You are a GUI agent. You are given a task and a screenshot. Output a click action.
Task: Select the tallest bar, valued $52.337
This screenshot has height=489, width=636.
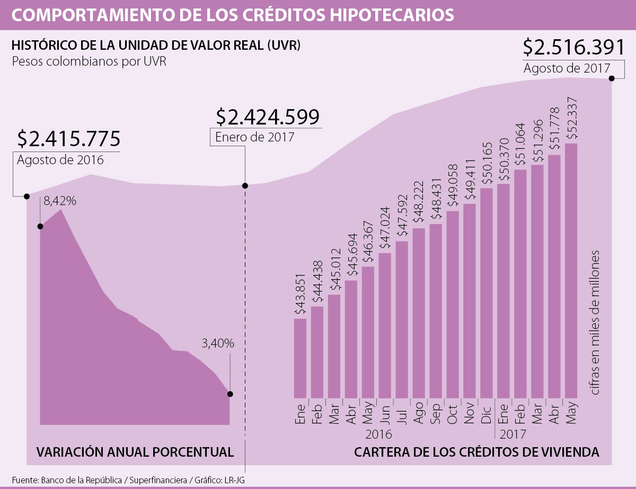click(571, 270)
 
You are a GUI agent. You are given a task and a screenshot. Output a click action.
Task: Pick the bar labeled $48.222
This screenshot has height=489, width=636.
click(419, 313)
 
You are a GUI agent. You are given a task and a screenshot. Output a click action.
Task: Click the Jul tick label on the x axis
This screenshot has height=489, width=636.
click(401, 412)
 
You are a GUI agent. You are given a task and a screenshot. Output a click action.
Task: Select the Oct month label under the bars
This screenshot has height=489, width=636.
click(452, 413)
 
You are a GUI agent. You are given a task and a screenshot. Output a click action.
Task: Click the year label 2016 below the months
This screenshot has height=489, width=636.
click(378, 435)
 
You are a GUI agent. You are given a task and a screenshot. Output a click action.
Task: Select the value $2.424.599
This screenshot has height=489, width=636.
click(268, 116)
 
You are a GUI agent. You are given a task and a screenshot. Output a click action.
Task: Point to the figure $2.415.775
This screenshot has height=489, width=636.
click(68, 139)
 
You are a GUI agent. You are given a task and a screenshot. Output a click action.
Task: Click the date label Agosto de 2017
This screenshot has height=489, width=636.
click(566, 68)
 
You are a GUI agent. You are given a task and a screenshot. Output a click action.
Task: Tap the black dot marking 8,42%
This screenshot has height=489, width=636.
click(40, 226)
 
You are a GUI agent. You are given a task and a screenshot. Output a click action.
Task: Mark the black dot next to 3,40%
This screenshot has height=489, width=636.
click(230, 394)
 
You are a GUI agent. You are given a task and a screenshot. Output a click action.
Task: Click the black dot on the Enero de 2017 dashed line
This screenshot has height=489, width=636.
click(245, 186)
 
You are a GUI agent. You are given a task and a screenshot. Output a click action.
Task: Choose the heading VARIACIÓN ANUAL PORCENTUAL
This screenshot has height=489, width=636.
click(135, 452)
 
